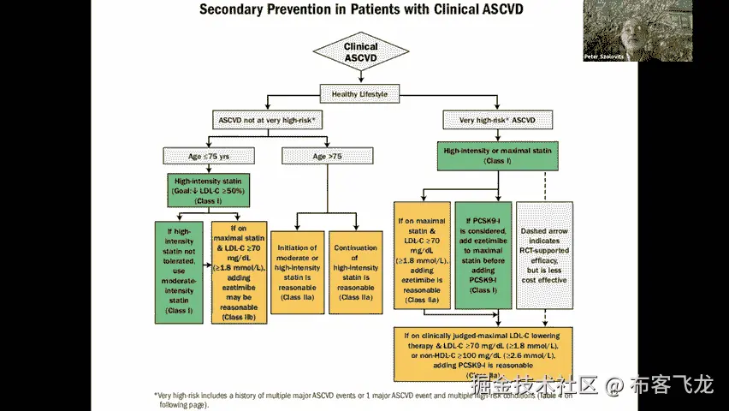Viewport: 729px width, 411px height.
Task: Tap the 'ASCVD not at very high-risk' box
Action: (x=267, y=121)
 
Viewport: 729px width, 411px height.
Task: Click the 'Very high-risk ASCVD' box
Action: (x=496, y=121)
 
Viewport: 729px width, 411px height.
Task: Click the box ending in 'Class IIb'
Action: (x=237, y=272)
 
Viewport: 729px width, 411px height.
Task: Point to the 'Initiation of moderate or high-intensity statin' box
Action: (x=296, y=271)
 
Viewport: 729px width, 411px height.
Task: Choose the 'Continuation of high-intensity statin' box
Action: (x=355, y=271)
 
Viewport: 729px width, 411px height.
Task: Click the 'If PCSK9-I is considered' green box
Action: (x=483, y=255)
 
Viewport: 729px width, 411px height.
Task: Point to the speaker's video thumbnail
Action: (x=637, y=30)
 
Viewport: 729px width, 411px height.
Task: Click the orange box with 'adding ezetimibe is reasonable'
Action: (x=423, y=255)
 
